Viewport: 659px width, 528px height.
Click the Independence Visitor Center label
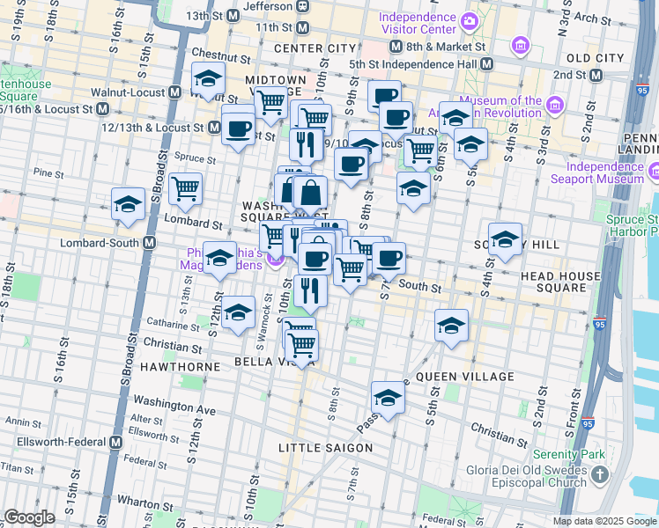pyautogui.click(x=418, y=26)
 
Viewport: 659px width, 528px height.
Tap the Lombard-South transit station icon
pyautogui.click(x=150, y=243)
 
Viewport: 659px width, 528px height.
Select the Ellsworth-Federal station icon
pyautogui.click(x=115, y=442)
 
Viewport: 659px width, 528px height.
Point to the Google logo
pyautogui.click(x=29, y=517)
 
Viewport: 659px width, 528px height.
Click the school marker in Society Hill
pyautogui.click(x=505, y=240)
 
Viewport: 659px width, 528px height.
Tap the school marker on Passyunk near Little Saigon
pyautogui.click(x=387, y=397)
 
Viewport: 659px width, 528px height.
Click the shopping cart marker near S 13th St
pyautogui.click(x=185, y=187)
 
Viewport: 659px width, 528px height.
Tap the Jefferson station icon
pyautogui.click(x=302, y=5)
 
